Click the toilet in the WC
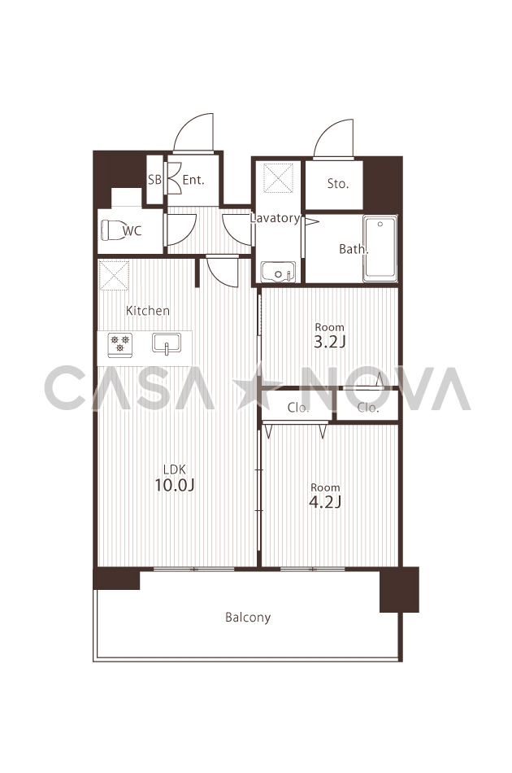pyautogui.click(x=113, y=229)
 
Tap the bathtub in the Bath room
pyautogui.click(x=380, y=248)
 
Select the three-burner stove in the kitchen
pyautogui.click(x=120, y=343)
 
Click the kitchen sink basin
pyautogui.click(x=167, y=343)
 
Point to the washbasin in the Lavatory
pyautogui.click(x=278, y=272)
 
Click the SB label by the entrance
pyautogui.click(x=154, y=180)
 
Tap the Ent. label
pyautogui.click(x=193, y=180)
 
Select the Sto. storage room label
pyautogui.click(x=338, y=184)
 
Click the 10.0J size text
pyautogui.click(x=174, y=485)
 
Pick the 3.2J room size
pyautogui.click(x=329, y=342)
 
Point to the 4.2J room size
pyautogui.click(x=325, y=502)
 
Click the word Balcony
pyautogui.click(x=248, y=618)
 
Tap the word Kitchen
pyautogui.click(x=148, y=311)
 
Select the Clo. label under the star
pyautogui.click(x=298, y=408)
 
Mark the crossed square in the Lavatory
pyautogui.click(x=278, y=177)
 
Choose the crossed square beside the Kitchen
pyautogui.click(x=114, y=275)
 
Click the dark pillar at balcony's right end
pyautogui.click(x=399, y=590)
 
